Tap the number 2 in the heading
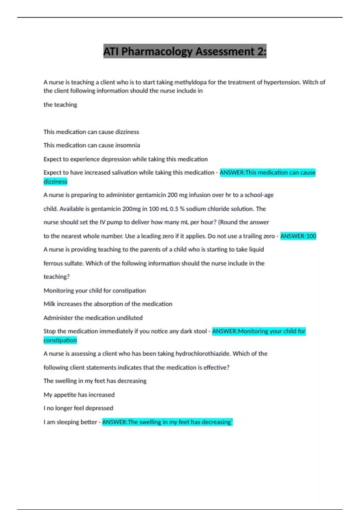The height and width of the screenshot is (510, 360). click(x=260, y=52)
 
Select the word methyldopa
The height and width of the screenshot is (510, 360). click(x=190, y=82)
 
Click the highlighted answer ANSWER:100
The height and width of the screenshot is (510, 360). click(x=298, y=236)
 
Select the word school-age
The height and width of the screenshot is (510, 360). click(x=259, y=195)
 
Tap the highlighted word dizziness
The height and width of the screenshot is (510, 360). click(x=55, y=181)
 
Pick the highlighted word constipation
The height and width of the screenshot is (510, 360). click(x=60, y=340)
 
